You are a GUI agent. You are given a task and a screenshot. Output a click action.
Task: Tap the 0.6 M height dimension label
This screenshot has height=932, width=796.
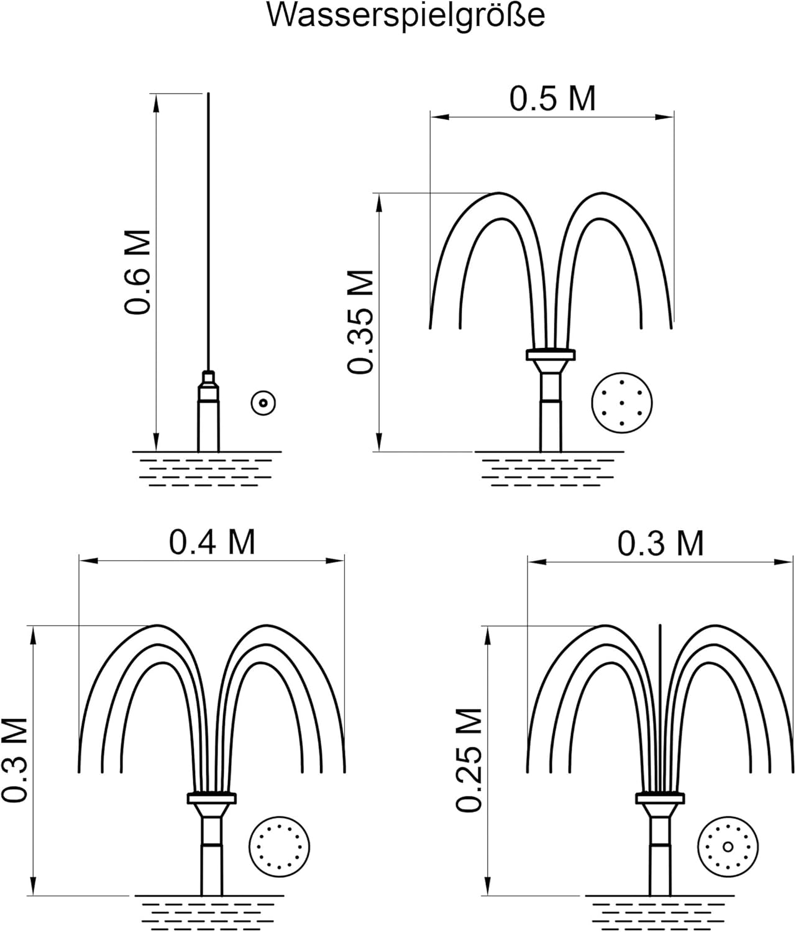point(137,272)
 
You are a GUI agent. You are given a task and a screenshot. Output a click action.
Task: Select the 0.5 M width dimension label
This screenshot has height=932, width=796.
point(552,98)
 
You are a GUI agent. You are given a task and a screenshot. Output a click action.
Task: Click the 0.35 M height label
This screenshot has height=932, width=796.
point(361,321)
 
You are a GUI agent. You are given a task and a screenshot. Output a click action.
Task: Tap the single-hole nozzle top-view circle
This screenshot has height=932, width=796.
point(263,403)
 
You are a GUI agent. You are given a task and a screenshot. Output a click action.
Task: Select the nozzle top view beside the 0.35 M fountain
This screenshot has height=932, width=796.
point(622,403)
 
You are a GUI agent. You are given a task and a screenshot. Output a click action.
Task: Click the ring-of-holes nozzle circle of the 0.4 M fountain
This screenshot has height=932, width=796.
point(279,847)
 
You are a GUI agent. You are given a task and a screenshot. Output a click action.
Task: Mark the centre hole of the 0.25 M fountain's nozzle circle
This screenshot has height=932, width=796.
point(728,847)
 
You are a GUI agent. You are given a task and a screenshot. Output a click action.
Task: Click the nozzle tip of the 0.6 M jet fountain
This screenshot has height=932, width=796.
point(208,376)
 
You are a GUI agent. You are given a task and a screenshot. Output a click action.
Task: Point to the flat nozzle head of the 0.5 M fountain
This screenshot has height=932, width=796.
point(551,355)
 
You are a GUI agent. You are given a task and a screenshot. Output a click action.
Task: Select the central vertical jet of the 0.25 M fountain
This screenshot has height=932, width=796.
point(661,709)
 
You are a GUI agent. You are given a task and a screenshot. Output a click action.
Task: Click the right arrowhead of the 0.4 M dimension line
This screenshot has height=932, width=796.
point(335,561)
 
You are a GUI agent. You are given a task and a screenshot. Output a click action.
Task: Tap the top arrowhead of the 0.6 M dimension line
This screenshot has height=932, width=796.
point(157,103)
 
